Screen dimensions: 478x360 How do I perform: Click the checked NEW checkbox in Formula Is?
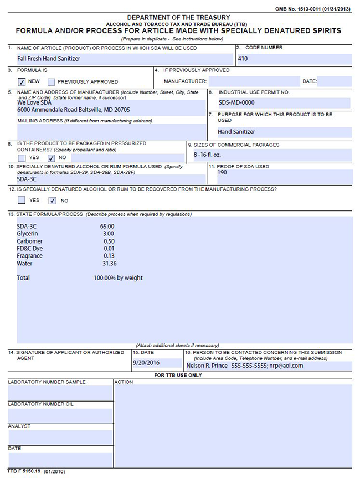[x=22, y=81]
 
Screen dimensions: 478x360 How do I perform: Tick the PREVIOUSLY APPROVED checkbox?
[x=52, y=81]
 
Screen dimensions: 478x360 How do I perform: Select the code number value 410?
[x=243, y=58]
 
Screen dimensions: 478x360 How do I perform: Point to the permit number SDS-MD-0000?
[x=237, y=102]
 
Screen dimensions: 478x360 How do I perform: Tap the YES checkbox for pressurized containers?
[x=22, y=158]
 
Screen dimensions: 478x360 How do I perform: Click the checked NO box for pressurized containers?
[x=52, y=158]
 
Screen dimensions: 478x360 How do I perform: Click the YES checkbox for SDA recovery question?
[x=22, y=201]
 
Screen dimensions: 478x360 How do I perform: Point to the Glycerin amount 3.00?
[x=109, y=234]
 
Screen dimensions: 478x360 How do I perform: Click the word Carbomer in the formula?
[x=30, y=241]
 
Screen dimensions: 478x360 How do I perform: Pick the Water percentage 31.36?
[x=109, y=264]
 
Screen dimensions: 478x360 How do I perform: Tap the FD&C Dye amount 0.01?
[x=109, y=249]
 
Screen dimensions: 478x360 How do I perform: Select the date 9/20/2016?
[x=147, y=363]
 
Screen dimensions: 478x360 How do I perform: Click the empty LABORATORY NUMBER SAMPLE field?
[x=60, y=392]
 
